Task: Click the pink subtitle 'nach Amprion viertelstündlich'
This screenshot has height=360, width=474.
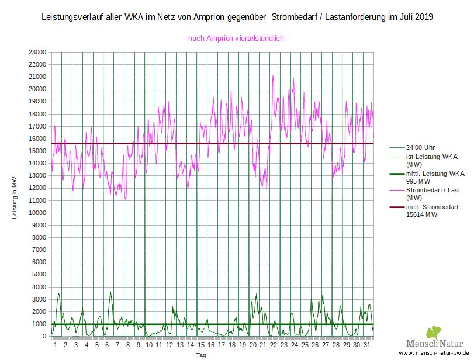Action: pos(236,39)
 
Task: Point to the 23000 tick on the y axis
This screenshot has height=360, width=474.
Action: pos(37,52)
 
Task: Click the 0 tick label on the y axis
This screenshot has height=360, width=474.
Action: pos(43,337)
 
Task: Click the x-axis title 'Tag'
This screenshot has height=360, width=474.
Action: pos(200,355)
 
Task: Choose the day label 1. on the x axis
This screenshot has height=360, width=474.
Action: pos(56,345)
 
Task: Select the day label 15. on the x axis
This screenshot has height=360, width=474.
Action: pos(201,345)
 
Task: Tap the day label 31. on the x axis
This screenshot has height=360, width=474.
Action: pos(368,345)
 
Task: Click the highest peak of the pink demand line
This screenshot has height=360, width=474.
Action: pos(272,76)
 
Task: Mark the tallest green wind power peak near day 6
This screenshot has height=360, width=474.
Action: pos(110,292)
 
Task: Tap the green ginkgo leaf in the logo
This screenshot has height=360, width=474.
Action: pos(434,333)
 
